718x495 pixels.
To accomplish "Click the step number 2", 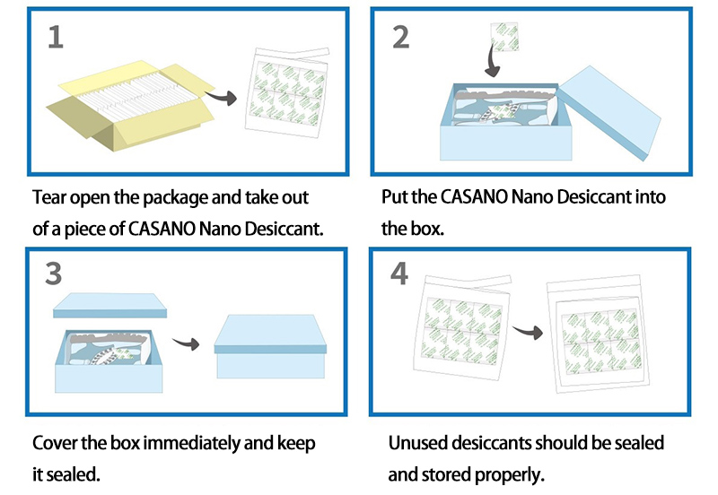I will coord(400,38).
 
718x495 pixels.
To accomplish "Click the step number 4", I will coord(400,275).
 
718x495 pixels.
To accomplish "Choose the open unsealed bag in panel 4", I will coord(458,336).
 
